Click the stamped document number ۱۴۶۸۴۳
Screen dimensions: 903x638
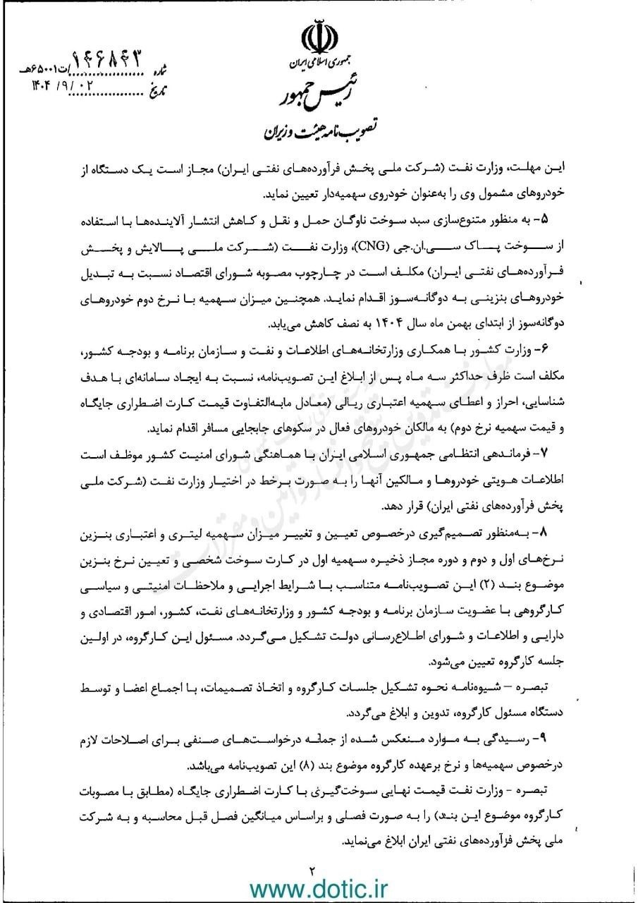114,61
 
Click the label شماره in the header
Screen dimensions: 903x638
161,71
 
